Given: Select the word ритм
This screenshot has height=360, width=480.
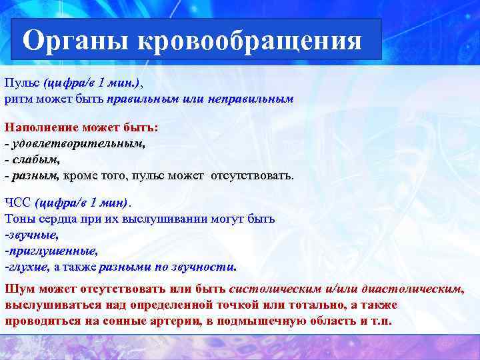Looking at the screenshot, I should coord(17,99).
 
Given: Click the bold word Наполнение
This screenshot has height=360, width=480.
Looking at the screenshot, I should coord(39,127).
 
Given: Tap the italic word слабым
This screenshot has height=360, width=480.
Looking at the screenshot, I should coord(36,160).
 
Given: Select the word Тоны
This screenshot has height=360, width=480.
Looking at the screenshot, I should coord(19,219).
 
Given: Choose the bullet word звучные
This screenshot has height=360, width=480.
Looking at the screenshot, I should coord(33,235).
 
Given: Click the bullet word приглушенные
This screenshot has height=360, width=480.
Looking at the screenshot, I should coord(53,251).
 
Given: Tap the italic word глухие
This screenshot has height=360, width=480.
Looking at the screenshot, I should coord(28,267).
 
